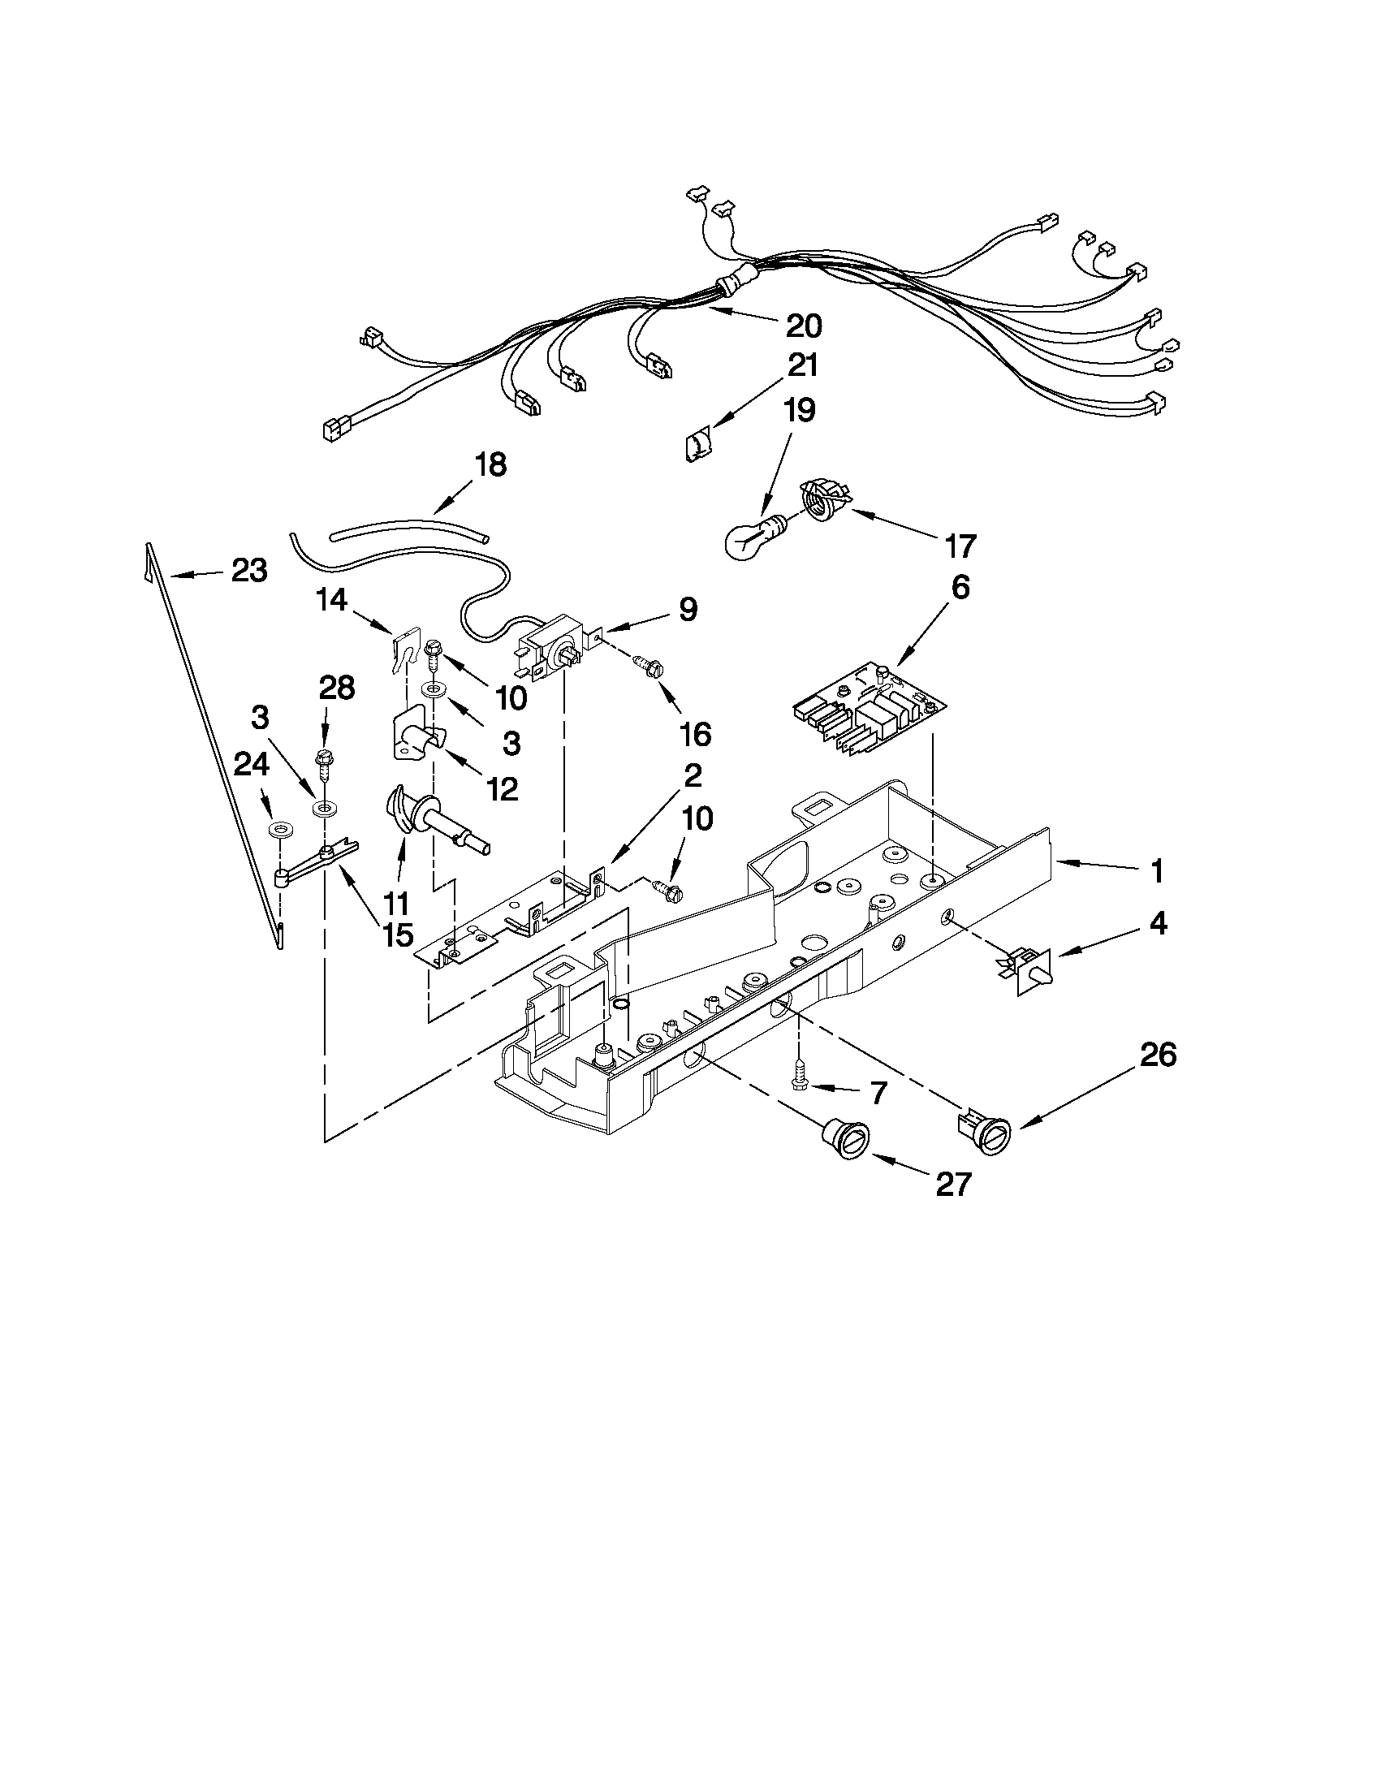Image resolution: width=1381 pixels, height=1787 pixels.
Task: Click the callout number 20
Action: pos(803,326)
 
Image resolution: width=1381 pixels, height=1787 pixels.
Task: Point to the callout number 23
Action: pos(248,570)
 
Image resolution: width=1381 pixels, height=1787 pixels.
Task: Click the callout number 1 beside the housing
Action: pos(1156,872)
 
